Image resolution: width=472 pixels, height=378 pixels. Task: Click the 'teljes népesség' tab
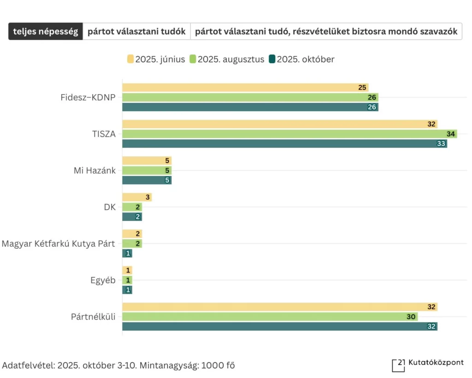click(x=46, y=32)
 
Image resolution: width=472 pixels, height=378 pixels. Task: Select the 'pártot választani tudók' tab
click(x=136, y=32)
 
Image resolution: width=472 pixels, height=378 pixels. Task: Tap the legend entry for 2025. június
click(x=156, y=59)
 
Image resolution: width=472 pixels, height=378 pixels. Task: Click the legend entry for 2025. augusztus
click(x=227, y=59)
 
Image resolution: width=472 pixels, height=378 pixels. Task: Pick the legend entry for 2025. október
click(x=302, y=59)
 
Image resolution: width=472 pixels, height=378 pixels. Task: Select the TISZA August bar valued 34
click(x=286, y=134)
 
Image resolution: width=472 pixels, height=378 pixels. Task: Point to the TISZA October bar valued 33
click(x=281, y=143)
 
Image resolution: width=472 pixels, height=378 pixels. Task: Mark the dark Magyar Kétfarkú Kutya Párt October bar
click(x=127, y=253)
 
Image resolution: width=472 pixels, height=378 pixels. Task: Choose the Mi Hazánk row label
click(x=94, y=171)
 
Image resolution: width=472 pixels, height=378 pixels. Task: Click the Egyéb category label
click(x=103, y=280)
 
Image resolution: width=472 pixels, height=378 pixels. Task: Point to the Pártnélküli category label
click(x=94, y=317)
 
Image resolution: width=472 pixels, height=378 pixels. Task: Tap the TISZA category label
click(x=103, y=134)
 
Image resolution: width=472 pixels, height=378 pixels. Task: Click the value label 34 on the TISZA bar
click(x=451, y=134)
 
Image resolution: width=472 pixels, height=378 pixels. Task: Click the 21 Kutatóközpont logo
click(x=427, y=364)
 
